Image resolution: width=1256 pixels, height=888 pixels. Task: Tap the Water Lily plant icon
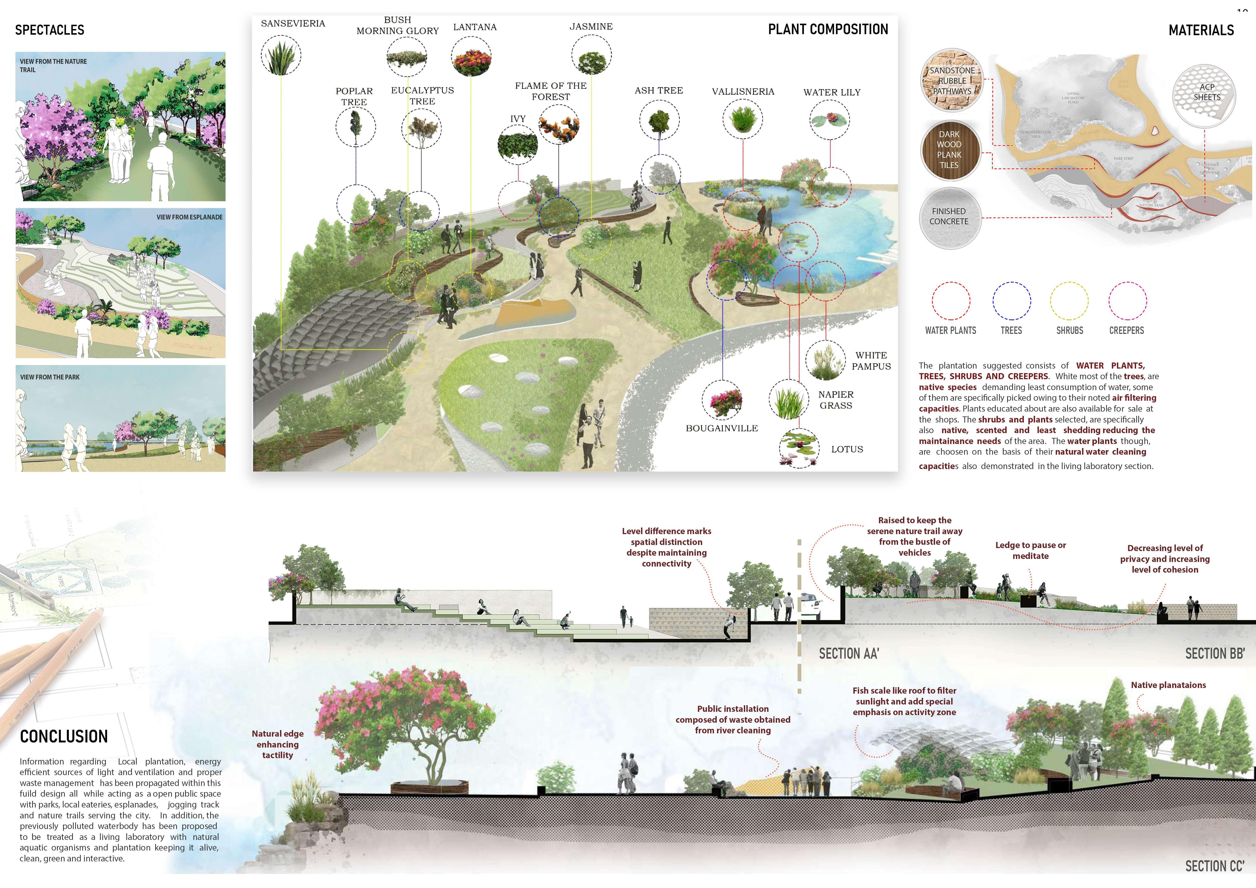pyautogui.click(x=830, y=120)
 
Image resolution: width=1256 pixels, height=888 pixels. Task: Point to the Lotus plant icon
pyautogui.click(x=799, y=448)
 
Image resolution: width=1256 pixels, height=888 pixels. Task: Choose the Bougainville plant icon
pyautogui.click(x=722, y=401)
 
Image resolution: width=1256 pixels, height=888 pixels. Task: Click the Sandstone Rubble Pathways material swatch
pyautogui.click(x=952, y=80)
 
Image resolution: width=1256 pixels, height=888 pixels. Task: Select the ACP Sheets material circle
pyautogui.click(x=1204, y=92)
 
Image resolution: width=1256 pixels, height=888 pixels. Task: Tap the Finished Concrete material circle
pyautogui.click(x=949, y=216)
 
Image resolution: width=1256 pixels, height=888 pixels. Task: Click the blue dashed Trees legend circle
pyautogui.click(x=1011, y=301)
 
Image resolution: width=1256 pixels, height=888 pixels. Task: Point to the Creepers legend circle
pyautogui.click(x=1127, y=301)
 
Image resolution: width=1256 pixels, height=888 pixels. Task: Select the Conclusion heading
pyautogui.click(x=64, y=737)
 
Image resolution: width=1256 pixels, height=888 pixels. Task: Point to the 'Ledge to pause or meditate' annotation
pyautogui.click(x=1030, y=550)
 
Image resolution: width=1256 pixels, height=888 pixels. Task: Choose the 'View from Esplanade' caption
pyautogui.click(x=189, y=217)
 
